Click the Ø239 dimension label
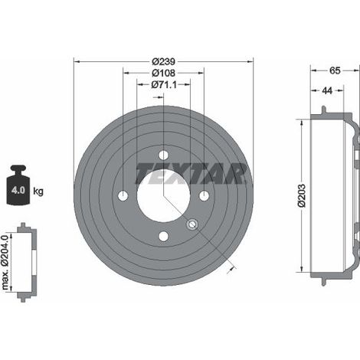[x=163, y=61]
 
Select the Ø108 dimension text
[x=163, y=74]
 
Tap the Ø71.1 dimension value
[x=164, y=84]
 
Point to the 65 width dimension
[x=335, y=70]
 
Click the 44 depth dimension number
[x=327, y=90]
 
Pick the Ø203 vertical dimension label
[x=302, y=195]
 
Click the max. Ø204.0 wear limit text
[x=5, y=262]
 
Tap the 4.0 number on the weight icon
[x=18, y=190]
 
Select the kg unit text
[x=38, y=191]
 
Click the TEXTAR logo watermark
[x=191, y=174]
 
